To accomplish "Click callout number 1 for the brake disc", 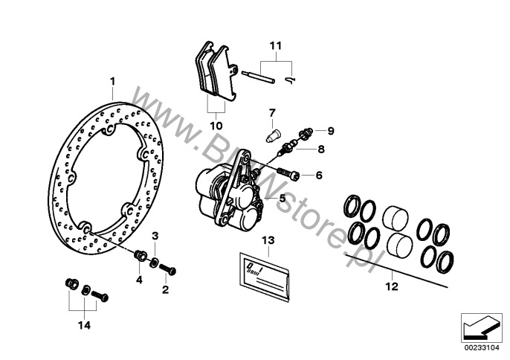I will point(113,80).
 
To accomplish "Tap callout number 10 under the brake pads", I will point(216,126).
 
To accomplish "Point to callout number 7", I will point(272,112).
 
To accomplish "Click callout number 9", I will point(331,131).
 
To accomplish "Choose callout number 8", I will point(322,148).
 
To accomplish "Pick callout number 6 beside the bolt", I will point(318,176).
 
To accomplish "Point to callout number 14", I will point(83,324).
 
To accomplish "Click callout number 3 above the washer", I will point(155,236).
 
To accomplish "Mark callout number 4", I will point(138,280).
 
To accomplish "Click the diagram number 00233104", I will point(478,347).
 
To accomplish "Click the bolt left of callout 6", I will point(289,176).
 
